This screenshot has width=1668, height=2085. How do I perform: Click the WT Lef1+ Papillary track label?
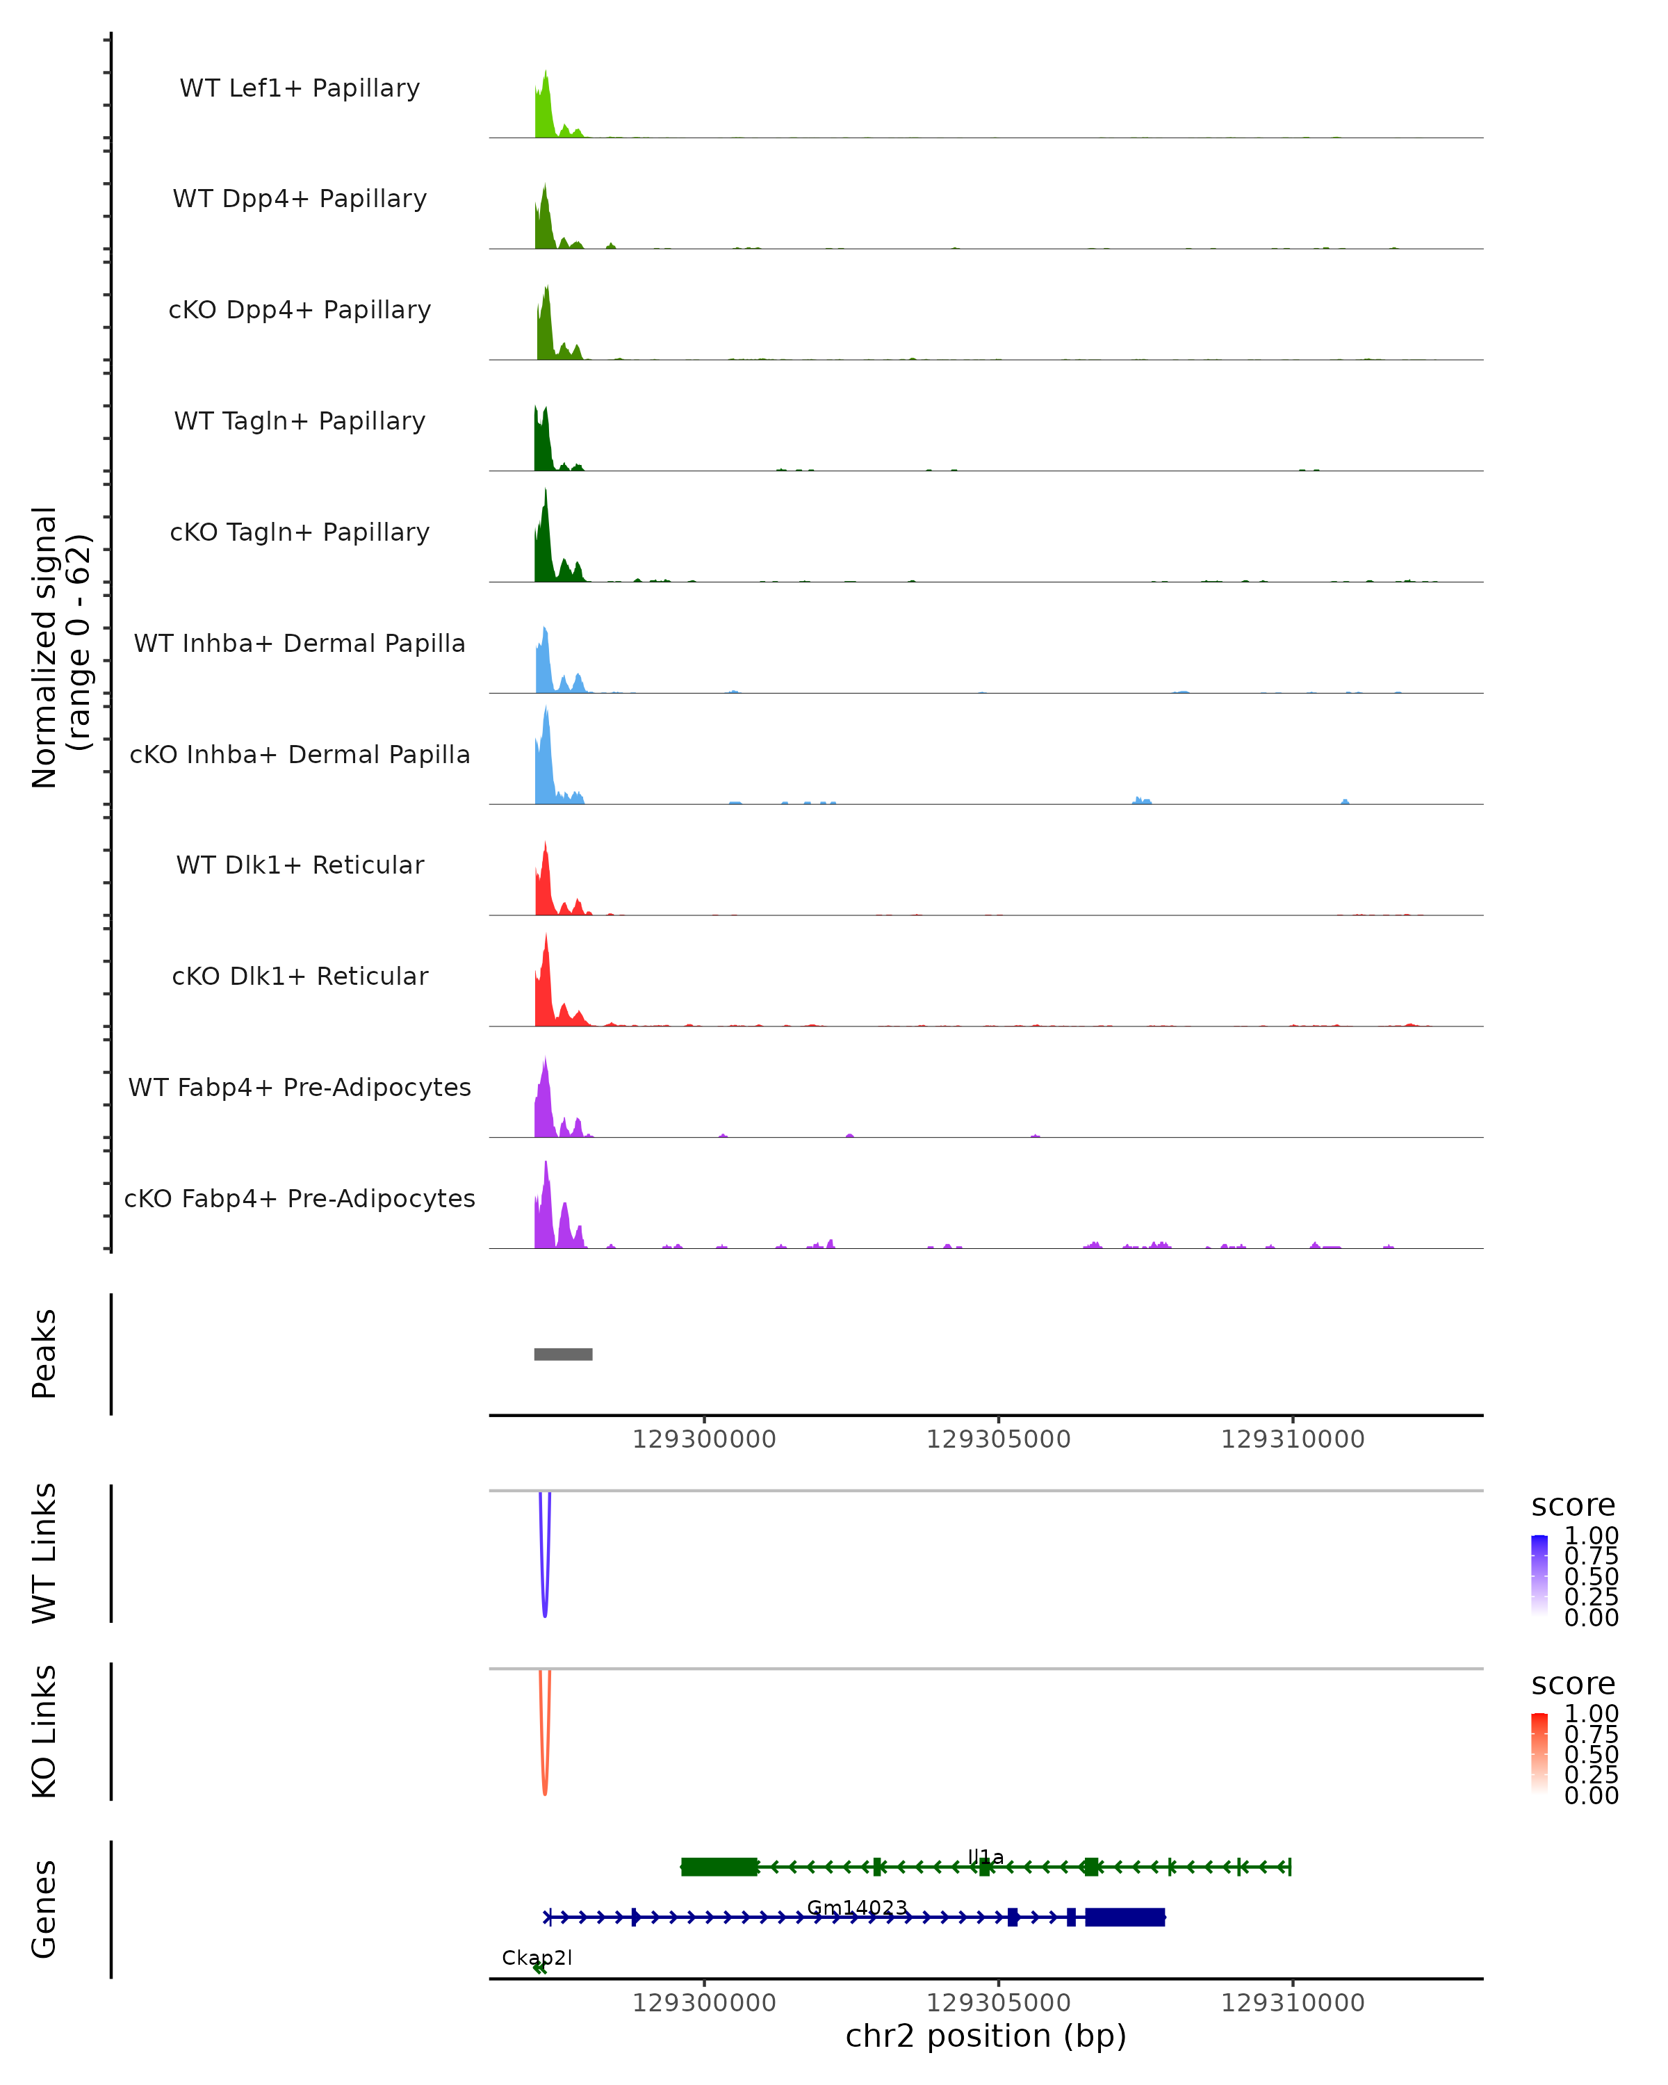tap(300, 88)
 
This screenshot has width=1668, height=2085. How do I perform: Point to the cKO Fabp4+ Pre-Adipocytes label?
tap(300, 1198)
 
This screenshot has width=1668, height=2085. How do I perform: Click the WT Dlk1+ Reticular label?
tap(300, 865)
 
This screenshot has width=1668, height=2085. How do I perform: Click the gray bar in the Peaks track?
tap(563, 1354)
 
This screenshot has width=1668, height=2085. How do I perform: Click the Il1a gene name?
tap(986, 1857)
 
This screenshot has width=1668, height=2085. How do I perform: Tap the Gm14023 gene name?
tap(857, 1907)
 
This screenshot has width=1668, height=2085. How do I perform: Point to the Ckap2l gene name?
tap(537, 1957)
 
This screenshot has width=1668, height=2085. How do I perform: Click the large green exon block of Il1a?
tap(719, 1867)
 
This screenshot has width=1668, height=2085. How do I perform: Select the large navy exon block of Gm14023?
tap(1125, 1917)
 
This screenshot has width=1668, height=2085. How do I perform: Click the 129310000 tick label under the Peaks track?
tap(1292, 1439)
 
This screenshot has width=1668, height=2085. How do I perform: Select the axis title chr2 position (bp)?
tap(986, 2036)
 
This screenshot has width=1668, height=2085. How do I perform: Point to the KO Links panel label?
tap(44, 1731)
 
